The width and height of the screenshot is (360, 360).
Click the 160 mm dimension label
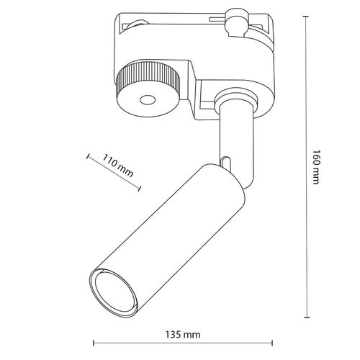click(316, 167)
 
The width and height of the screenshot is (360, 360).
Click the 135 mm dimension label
click(183, 334)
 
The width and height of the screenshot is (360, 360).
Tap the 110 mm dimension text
click(118, 166)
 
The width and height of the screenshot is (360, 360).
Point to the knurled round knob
click(148, 89)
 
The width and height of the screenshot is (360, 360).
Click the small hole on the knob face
click(148, 100)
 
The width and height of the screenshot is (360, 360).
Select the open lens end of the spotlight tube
click(114, 292)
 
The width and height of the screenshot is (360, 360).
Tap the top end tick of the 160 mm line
click(305, 16)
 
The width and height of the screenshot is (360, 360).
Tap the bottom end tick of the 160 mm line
click(307, 317)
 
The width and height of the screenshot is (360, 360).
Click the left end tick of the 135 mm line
click(94, 343)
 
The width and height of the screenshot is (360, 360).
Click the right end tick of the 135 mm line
click(272, 343)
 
